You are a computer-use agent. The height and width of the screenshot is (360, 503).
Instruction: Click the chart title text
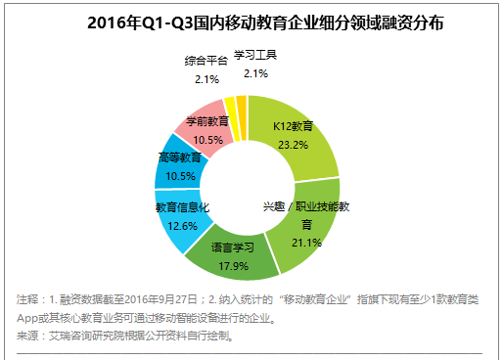coord(251,20)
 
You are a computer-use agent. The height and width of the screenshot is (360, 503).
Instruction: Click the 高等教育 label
coord(178,157)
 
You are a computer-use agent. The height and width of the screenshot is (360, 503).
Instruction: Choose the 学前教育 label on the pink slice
coord(207,121)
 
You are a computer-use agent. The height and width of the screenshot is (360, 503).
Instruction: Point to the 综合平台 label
coord(206,61)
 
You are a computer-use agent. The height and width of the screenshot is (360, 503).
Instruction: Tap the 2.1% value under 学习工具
coord(256,73)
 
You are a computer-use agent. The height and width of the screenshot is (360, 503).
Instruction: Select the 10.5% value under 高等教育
coord(178,174)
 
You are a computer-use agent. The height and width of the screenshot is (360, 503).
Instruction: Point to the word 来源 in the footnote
coord(29,335)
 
